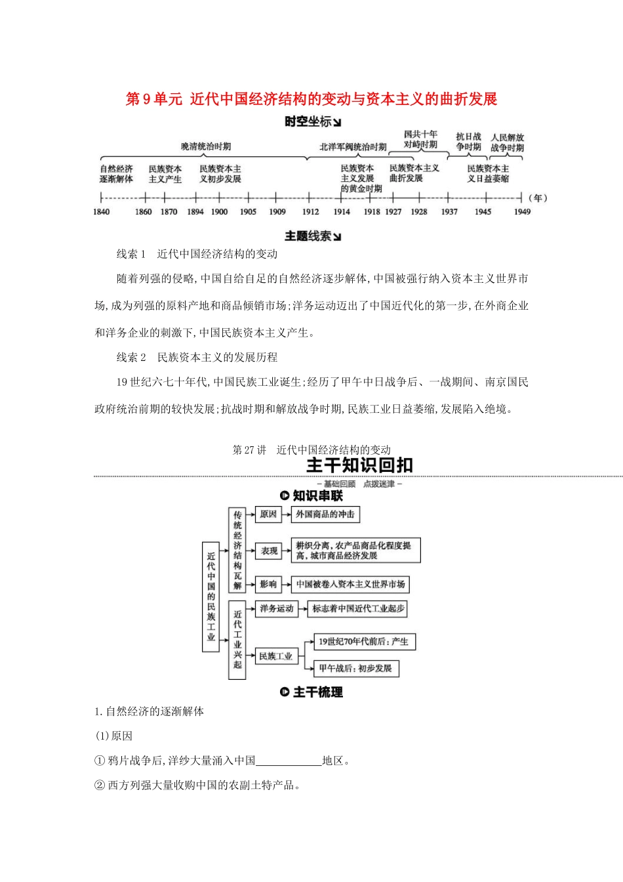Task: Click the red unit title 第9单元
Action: tap(153, 99)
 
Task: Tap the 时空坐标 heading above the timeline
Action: tap(312, 121)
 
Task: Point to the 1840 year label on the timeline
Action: tap(102, 211)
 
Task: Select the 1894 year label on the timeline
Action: tap(195, 211)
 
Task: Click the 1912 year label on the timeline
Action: tap(310, 211)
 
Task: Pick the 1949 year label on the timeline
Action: tap(522, 211)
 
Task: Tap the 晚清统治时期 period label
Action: tap(206, 146)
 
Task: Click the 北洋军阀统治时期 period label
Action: tap(353, 147)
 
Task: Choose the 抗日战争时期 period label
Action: tap(469, 142)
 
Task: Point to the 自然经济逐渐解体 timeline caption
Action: tap(116, 174)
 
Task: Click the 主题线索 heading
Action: tap(312, 236)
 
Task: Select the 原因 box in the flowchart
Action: tap(268, 514)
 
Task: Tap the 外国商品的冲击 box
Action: tap(325, 514)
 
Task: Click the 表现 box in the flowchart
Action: tap(270, 551)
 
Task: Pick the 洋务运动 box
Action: tap(276, 608)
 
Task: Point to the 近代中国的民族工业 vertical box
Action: tap(211, 597)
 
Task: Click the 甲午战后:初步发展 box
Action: tap(355, 668)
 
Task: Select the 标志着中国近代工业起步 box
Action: tap(358, 608)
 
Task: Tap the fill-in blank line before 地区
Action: tap(289, 761)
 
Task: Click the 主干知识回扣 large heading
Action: tap(359, 465)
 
